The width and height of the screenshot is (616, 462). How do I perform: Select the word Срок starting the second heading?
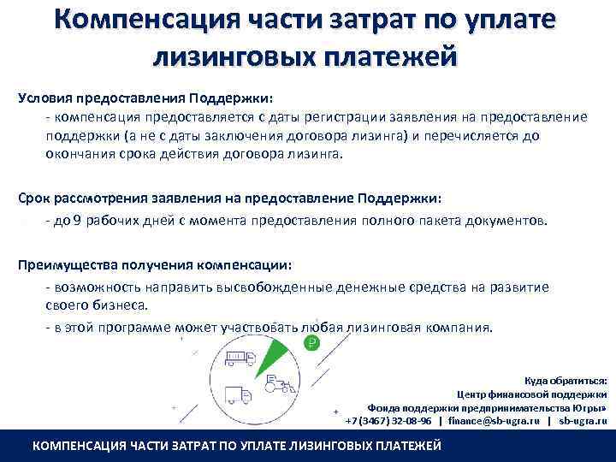tap(35, 198)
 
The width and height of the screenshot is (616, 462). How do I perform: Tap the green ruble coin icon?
tap(312, 343)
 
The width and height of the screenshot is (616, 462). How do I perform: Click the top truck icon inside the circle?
tap(240, 359)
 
